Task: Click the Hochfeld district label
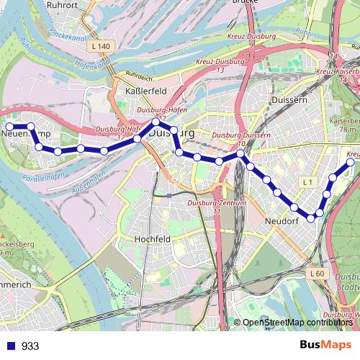point(152,238)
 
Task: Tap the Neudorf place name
point(282,221)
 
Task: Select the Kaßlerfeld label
point(146,91)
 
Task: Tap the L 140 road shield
point(102,47)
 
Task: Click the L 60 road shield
point(318,274)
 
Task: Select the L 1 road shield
point(307,183)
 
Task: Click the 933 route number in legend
point(30,346)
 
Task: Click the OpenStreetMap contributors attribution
point(297,323)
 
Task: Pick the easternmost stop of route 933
point(351,163)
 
